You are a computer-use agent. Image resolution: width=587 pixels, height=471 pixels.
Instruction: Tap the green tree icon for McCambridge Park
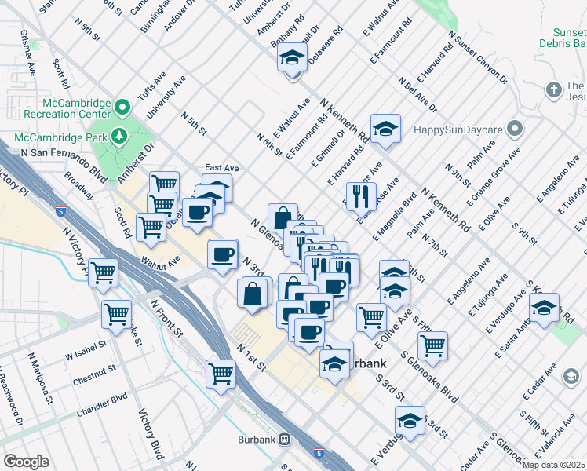coord(119,136)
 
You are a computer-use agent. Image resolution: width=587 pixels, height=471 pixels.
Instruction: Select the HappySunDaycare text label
coord(463,126)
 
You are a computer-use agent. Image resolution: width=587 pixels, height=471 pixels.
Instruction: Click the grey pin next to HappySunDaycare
coord(514,126)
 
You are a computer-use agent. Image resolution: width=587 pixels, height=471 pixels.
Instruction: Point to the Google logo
coord(26,462)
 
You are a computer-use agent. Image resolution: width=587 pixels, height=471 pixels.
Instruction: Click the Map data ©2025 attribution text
coord(553,465)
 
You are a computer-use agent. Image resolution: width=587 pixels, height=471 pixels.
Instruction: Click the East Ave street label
coord(221,168)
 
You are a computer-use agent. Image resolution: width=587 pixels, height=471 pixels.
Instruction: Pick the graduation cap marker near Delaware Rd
coord(293,57)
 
